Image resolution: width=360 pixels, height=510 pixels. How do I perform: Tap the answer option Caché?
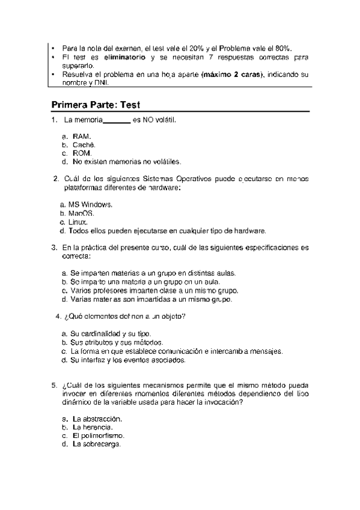click(84, 145)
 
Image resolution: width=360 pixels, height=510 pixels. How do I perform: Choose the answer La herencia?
click(93, 426)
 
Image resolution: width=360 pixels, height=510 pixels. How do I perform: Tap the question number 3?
click(55, 247)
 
